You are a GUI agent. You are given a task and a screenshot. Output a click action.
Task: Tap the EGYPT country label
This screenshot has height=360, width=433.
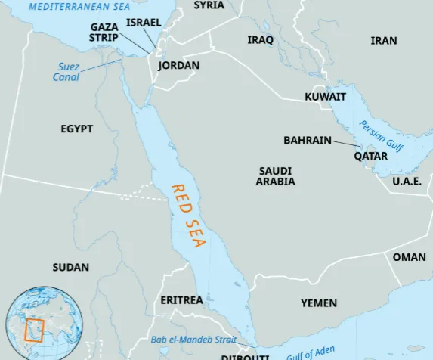pos(77,129)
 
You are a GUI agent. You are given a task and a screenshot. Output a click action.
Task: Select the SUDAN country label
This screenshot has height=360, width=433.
pos(70,268)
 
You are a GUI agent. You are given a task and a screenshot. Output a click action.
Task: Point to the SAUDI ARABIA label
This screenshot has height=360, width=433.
pos(276,176)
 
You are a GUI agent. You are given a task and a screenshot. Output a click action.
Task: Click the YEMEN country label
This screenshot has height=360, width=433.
pos(319,303)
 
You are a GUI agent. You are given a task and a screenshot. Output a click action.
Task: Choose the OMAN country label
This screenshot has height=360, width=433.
pos(409,257)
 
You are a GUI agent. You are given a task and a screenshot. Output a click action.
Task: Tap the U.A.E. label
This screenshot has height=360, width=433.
pos(407,182)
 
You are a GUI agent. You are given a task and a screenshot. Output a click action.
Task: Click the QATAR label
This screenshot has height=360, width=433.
pos(370,157)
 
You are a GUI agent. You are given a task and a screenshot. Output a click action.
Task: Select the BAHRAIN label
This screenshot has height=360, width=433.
pos(306,141)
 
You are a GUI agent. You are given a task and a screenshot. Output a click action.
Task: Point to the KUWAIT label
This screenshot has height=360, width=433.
pos(325,97)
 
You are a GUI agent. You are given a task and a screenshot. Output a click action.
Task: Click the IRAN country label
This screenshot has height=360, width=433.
pos(384,41)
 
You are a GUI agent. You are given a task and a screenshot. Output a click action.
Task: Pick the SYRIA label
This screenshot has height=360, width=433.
pos(209,5)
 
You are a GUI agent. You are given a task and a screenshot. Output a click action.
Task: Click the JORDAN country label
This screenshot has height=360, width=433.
pos(179,66)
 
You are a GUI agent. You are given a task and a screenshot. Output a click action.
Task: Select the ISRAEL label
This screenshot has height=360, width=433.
pos(144,23)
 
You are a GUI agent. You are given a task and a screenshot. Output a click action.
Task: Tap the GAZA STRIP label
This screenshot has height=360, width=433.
pos(104,32)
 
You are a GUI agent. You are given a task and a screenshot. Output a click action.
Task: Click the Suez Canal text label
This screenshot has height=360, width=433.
pos(66,72)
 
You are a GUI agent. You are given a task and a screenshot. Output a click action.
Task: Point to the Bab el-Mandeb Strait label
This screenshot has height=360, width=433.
pos(193,340)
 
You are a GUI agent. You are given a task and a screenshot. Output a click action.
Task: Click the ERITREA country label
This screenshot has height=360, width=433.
pos(181,300)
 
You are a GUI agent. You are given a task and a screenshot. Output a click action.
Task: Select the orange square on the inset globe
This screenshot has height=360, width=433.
pos(34,331)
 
